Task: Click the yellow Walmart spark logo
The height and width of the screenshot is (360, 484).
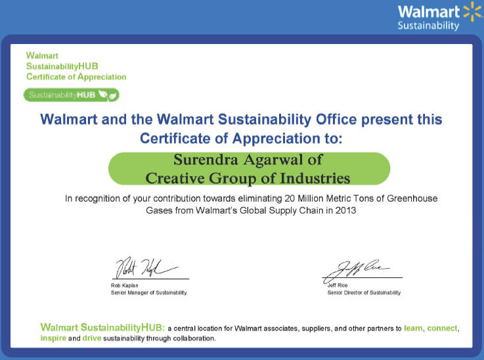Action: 473,11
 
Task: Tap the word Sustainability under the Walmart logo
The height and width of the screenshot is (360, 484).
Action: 428,26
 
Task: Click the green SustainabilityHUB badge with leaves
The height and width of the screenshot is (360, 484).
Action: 72,95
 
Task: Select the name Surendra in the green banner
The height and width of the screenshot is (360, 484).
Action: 206,160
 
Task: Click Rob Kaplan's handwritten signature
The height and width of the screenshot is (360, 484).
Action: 146,267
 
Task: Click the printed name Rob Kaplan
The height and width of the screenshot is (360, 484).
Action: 124,285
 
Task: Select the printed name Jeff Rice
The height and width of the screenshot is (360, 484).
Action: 338,285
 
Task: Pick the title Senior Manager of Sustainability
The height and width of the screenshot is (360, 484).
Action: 149,292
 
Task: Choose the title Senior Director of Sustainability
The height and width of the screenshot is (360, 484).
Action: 364,292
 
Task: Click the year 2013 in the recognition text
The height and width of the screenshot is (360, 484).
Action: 345,210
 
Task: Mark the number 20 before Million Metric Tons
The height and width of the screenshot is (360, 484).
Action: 290,198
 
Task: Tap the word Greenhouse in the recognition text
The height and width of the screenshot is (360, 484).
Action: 412,198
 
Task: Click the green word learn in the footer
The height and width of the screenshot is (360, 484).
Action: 413,328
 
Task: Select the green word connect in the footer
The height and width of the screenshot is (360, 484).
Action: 442,328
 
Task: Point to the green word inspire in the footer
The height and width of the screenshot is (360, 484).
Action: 53,338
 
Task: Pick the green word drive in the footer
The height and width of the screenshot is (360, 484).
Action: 92,338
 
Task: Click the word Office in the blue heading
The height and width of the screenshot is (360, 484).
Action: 336,120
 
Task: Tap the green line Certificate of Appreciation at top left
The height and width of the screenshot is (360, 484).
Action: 76,77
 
